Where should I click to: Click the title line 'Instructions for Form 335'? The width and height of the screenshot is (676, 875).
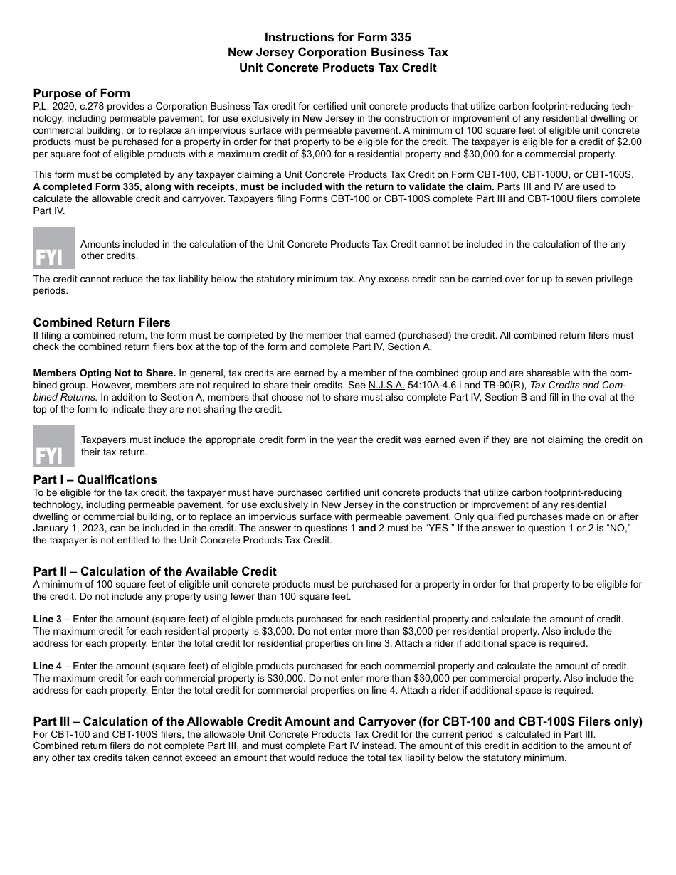pos(337,37)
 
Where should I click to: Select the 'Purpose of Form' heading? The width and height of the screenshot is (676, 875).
pos(81,93)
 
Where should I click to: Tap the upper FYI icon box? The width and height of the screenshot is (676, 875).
pos(53,248)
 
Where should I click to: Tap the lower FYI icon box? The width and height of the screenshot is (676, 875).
pos(53,446)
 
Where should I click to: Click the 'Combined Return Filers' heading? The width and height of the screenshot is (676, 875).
pos(102,322)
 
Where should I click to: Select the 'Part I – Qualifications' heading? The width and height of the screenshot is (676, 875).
pos(95,479)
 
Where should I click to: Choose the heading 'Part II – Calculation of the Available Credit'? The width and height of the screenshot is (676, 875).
pos(154,571)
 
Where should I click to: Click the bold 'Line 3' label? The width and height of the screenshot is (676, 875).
pos(47,619)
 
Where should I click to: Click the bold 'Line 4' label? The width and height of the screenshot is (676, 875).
pos(47,666)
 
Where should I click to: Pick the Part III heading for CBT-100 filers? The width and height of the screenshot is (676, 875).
pos(337,721)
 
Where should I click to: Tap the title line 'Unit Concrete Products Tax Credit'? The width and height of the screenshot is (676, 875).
pos(337,68)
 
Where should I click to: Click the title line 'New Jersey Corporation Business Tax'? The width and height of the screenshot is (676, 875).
pos(337,53)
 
